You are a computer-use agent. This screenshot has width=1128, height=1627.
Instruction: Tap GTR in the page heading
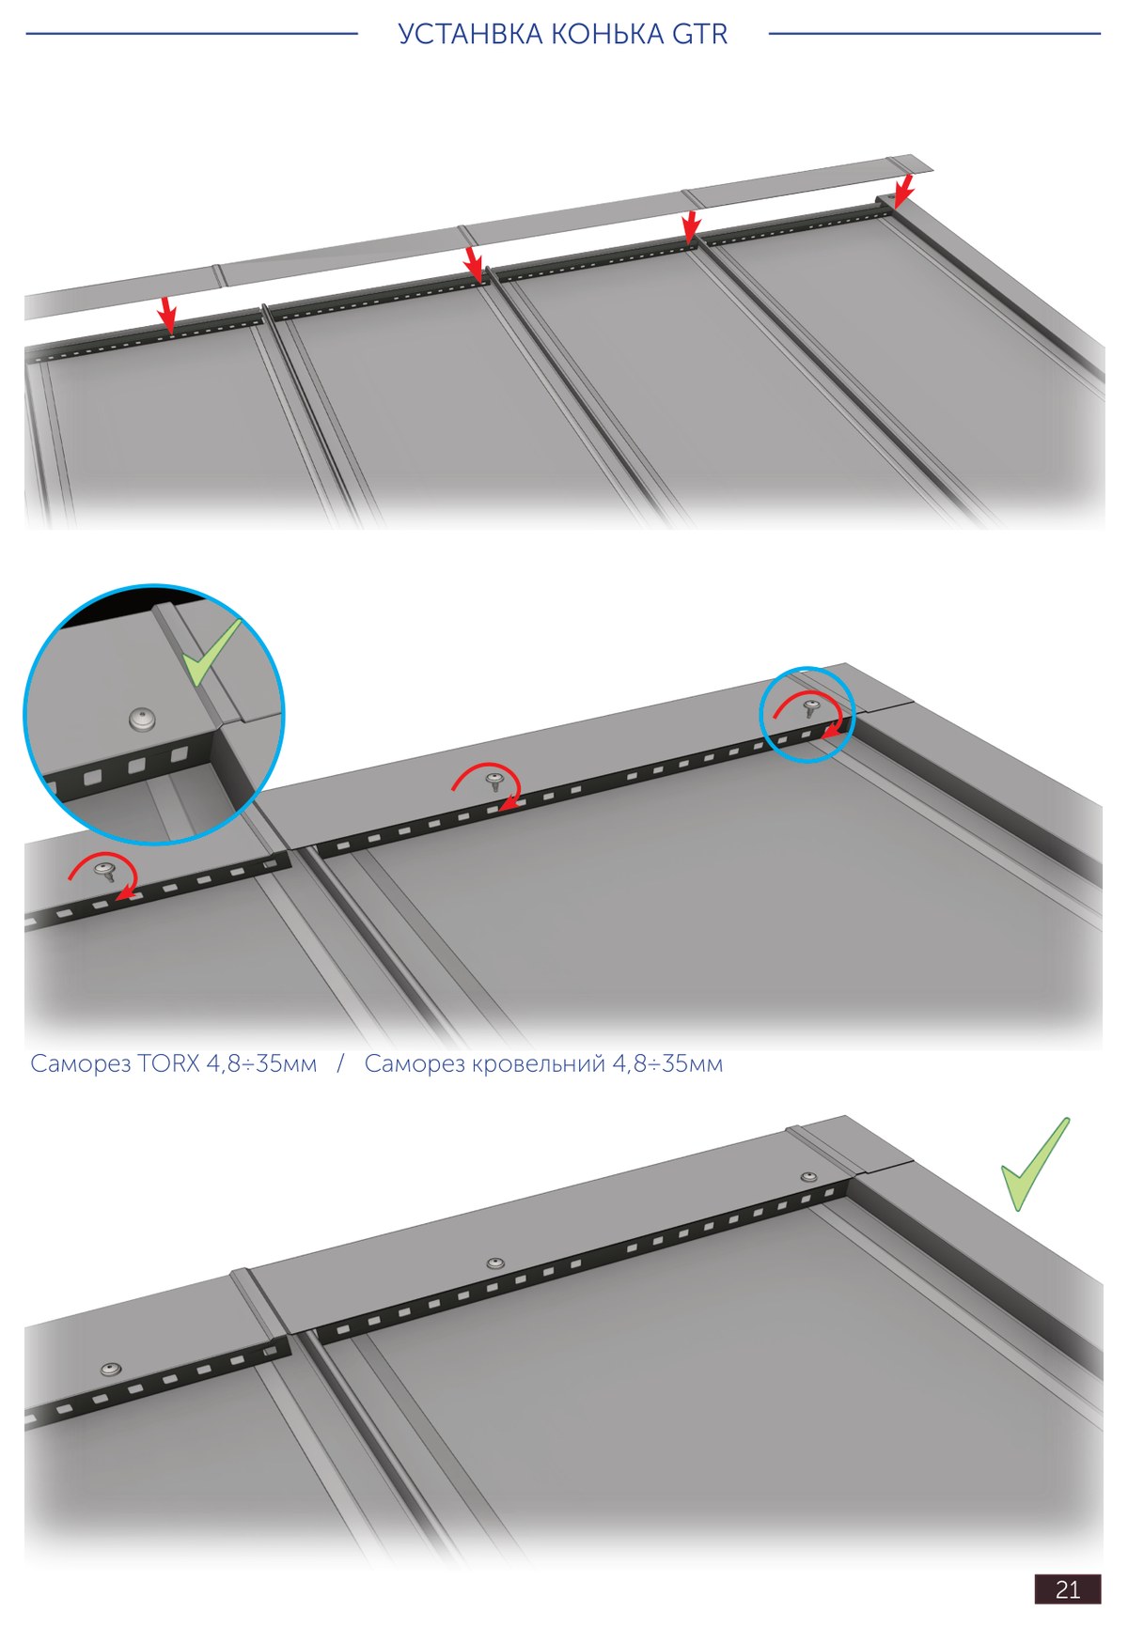[699, 35]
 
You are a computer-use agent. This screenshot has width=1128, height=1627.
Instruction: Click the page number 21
[1068, 1589]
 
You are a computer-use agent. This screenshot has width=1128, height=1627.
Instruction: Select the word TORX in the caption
[169, 1064]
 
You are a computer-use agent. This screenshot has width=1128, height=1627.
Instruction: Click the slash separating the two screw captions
[340, 1064]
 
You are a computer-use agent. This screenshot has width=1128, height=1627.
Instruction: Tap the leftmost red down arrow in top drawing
[167, 316]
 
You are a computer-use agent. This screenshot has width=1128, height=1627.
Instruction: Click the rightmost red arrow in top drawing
[903, 190]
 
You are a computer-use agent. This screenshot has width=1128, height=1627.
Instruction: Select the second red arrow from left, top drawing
[474, 263]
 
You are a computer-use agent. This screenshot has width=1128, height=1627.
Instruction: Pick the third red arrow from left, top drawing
[691, 226]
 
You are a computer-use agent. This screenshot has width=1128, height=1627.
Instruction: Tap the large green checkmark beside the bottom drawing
[1034, 1165]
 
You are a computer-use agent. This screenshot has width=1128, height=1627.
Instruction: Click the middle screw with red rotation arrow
[494, 782]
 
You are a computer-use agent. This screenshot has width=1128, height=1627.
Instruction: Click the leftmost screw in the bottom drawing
[111, 1370]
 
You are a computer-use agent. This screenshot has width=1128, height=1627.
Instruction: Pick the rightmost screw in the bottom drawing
[808, 1177]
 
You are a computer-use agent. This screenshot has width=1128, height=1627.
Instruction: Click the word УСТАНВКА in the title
[470, 35]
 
